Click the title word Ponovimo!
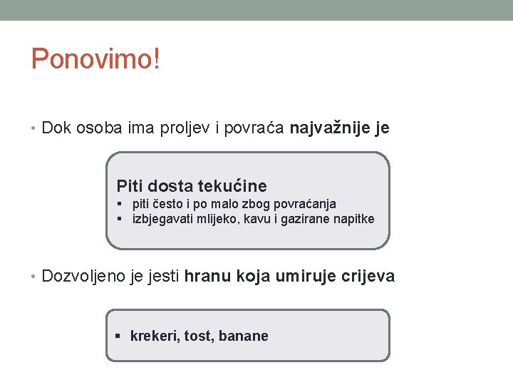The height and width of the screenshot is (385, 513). point(95,60)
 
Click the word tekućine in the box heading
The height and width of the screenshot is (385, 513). point(232,186)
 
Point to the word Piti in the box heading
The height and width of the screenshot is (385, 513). point(130,186)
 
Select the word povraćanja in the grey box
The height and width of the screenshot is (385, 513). point(301,204)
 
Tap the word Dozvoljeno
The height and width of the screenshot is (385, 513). point(84,276)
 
